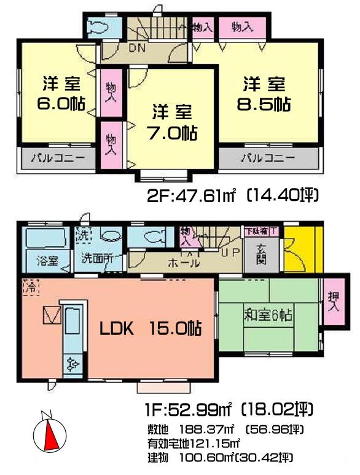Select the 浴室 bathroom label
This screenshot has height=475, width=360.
47,260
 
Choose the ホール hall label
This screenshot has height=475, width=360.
183,263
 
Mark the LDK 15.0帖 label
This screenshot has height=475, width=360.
151,328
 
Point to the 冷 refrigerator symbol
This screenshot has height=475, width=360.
29,286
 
